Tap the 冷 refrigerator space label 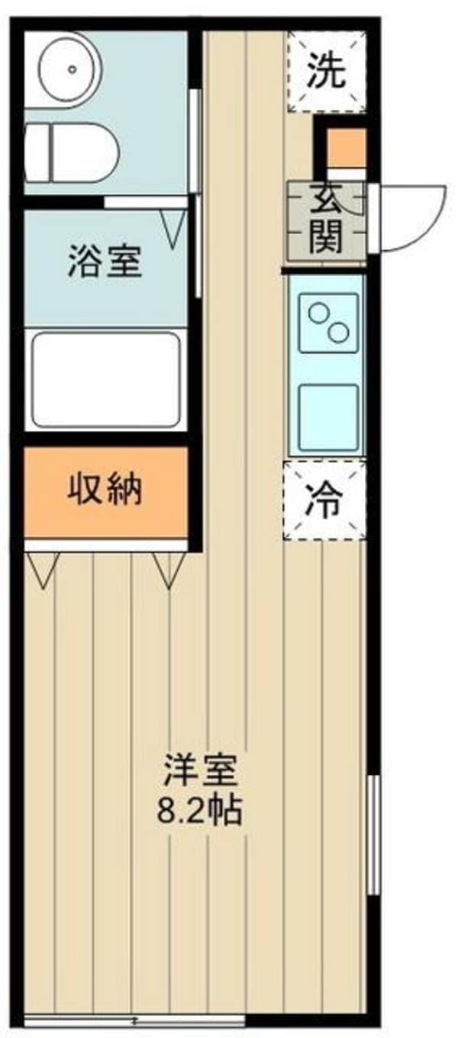[x=324, y=500]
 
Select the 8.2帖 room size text [x=200, y=811]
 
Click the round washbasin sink [x=72, y=69]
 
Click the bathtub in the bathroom [x=106, y=379]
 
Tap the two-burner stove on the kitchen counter [x=328, y=323]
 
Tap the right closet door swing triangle [x=169, y=568]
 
